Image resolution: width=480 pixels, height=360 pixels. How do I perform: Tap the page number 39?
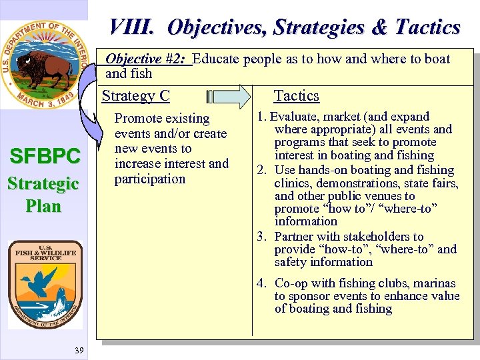(79, 351)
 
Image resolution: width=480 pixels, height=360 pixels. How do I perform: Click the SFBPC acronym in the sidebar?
(45, 157)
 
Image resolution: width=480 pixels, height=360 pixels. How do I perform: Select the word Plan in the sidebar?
(44, 206)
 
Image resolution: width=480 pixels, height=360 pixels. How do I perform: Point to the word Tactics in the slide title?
(427, 27)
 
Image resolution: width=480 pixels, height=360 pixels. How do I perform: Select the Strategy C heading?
(135, 96)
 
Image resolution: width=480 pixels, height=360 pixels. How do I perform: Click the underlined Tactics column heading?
(297, 96)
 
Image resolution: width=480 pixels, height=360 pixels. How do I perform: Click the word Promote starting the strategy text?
(139, 119)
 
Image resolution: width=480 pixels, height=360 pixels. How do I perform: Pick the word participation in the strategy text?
(150, 179)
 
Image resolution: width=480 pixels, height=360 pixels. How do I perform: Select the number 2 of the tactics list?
(261, 170)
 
